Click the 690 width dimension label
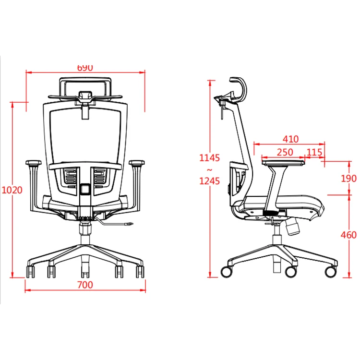pyautogui.click(x=85, y=68)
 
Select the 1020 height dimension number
pyautogui.click(x=12, y=190)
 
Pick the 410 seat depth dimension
pyautogui.click(x=290, y=139)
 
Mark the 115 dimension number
pyautogui.click(x=314, y=152)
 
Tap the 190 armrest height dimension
pyautogui.click(x=349, y=179)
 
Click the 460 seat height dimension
pyautogui.click(x=349, y=235)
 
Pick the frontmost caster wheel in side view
pyautogui.click(x=330, y=271)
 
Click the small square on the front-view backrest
pyautogui.click(x=85, y=189)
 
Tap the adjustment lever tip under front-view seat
pyautogui.click(x=129, y=223)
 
